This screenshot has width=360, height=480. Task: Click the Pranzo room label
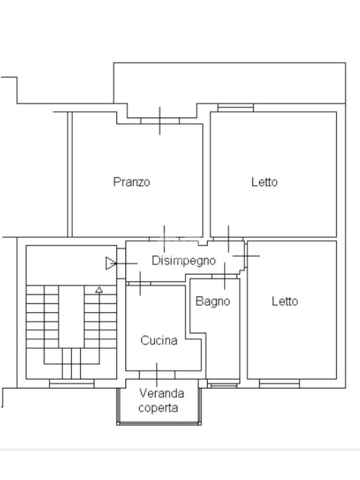click(x=132, y=182)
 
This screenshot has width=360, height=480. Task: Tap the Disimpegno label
click(x=184, y=261)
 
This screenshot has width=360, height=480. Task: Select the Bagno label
click(x=213, y=301)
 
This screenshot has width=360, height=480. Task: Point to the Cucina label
click(x=159, y=340)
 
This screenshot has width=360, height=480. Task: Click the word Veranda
click(x=162, y=393)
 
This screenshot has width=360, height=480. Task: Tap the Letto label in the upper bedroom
click(x=264, y=182)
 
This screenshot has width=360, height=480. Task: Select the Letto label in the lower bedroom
click(x=285, y=301)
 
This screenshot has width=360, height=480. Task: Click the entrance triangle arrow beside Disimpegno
click(x=111, y=263)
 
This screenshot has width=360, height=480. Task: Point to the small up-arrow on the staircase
click(x=99, y=289)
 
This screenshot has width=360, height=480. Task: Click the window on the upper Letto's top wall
click(x=235, y=108)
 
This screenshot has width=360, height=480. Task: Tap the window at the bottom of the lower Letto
click(x=279, y=383)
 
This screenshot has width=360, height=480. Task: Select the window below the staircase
click(x=72, y=383)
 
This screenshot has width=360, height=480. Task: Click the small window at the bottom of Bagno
click(x=224, y=384)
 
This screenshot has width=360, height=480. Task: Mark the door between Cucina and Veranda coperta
click(x=157, y=375)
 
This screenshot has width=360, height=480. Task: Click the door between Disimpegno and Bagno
click(x=225, y=277)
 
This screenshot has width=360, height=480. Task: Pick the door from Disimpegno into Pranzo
click(x=165, y=239)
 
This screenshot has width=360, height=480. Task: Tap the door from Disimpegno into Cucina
click(x=140, y=284)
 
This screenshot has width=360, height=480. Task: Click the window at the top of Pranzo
click(x=160, y=120)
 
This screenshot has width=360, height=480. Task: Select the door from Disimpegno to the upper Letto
click(x=228, y=239)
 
